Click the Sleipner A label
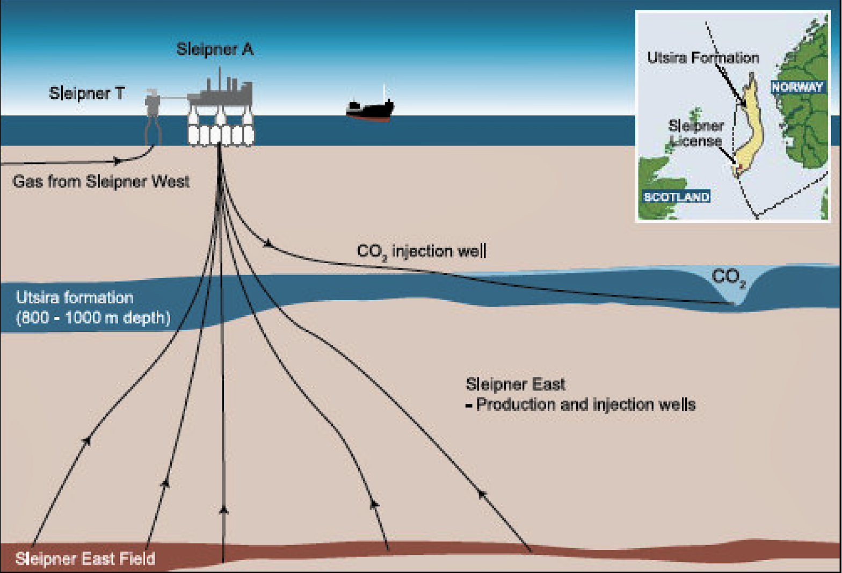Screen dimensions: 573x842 pyautogui.click(x=215, y=49)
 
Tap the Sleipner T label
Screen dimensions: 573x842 pyautogui.click(x=86, y=93)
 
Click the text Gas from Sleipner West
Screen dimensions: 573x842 pyautogui.click(x=101, y=182)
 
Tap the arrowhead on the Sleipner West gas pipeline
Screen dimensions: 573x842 pyautogui.click(x=117, y=161)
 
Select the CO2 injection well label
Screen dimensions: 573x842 pyautogui.click(x=422, y=251)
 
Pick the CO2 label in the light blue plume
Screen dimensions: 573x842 pyautogui.click(x=728, y=277)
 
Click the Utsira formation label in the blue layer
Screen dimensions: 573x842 pyautogui.click(x=75, y=298)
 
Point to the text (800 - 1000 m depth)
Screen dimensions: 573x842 pyautogui.click(x=93, y=318)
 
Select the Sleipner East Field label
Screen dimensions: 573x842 pyautogui.click(x=85, y=559)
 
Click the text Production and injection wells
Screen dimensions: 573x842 pyautogui.click(x=585, y=404)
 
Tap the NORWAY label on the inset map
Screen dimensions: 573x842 pyautogui.click(x=797, y=87)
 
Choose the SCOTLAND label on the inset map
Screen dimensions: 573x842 pyautogui.click(x=677, y=197)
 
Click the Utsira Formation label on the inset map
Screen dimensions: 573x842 pyautogui.click(x=703, y=58)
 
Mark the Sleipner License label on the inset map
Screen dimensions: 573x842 pyautogui.click(x=696, y=133)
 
